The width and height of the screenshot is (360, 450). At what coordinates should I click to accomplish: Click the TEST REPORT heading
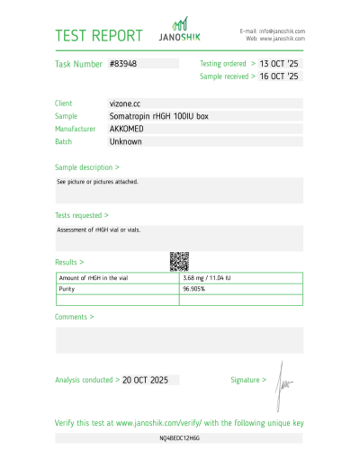[x=99, y=36]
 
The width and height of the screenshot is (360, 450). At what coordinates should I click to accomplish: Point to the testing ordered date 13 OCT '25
[x=279, y=65]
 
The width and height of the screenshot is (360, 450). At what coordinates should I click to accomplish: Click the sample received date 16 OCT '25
[x=279, y=77]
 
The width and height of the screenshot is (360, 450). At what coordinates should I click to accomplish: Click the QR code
[x=179, y=261]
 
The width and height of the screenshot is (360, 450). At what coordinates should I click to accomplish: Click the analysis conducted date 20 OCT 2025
[x=146, y=381]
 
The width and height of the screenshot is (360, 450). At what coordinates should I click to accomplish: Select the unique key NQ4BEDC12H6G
[x=180, y=436]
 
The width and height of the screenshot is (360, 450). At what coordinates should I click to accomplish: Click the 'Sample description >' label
[x=87, y=167]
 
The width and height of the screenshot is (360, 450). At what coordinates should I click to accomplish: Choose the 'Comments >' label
[x=75, y=317]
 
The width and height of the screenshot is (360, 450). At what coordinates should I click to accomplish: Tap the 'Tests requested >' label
[x=82, y=216]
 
